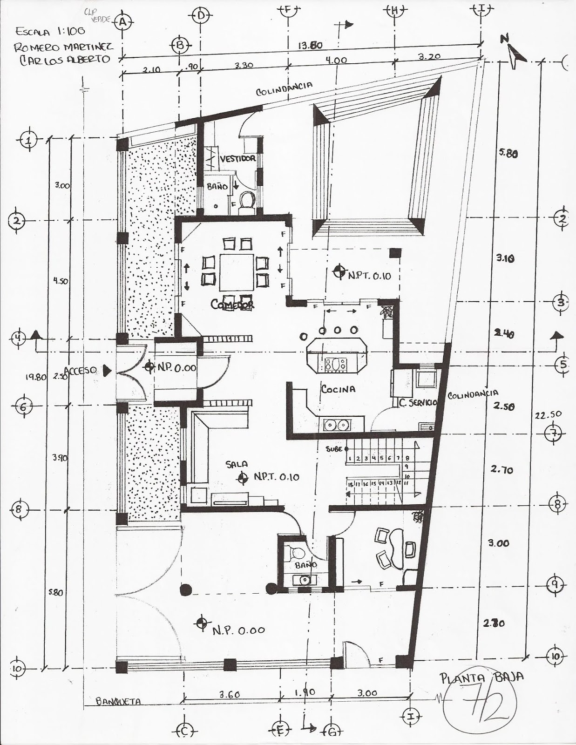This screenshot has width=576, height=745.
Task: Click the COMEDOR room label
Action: pos(232,305)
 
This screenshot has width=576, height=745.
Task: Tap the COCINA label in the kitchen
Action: pos(339,389)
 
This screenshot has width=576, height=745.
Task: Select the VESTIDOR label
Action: pos(238,158)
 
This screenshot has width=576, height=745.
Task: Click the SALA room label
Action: pos(237,464)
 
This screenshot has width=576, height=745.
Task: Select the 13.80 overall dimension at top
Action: pos(311,46)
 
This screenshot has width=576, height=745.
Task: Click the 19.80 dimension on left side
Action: pos(35,377)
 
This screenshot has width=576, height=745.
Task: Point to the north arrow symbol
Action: pos(515,53)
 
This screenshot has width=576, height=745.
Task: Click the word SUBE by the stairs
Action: pos(335,449)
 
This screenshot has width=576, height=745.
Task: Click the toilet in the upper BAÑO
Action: pos(246,202)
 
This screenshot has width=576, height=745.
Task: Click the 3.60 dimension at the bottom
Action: pos(229,694)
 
